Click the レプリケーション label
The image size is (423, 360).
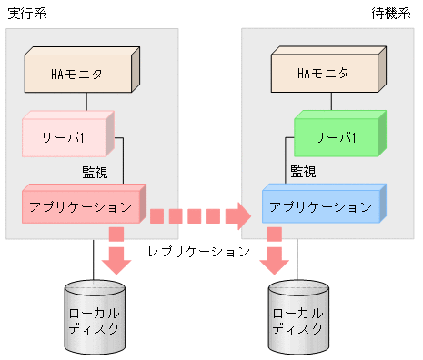click(x=199, y=252)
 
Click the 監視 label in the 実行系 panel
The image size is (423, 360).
click(x=95, y=172)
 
